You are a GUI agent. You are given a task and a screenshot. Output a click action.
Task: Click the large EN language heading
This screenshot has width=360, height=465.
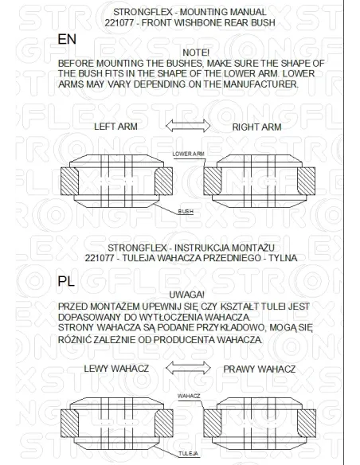[x=67, y=39]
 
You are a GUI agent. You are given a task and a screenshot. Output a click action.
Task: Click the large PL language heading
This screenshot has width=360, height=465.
[x=66, y=281]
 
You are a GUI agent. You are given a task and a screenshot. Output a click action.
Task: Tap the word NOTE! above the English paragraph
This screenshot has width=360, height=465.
[x=196, y=53]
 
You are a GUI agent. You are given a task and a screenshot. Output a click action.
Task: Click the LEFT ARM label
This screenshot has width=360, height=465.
[x=115, y=127]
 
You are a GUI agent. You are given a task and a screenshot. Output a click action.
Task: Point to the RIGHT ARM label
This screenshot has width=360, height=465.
[x=256, y=127]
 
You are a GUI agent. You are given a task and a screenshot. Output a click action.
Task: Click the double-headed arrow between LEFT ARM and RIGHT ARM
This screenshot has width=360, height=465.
[x=188, y=126]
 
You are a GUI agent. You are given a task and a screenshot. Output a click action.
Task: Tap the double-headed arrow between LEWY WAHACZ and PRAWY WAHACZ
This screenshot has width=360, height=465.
[x=188, y=368]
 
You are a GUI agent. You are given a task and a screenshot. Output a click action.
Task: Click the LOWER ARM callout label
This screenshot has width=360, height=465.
[x=188, y=154]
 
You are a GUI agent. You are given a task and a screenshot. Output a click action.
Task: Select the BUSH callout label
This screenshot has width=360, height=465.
[x=186, y=212]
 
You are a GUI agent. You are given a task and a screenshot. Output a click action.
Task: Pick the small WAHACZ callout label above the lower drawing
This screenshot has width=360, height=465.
[x=189, y=397]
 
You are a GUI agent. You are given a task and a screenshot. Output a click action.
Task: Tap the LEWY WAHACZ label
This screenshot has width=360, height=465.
[x=116, y=369]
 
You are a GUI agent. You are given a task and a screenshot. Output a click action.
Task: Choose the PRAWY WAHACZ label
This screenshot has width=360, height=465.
[x=260, y=369]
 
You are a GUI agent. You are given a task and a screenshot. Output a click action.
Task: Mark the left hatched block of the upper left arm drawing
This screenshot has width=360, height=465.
[x=69, y=182]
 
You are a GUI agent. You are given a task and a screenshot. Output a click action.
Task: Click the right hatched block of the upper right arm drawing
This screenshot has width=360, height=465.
[x=306, y=182]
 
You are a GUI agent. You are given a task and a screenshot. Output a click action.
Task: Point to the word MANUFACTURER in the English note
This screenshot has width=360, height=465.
[x=261, y=84]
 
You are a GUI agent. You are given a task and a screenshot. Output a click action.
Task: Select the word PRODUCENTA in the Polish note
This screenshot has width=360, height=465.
[x=184, y=340]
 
